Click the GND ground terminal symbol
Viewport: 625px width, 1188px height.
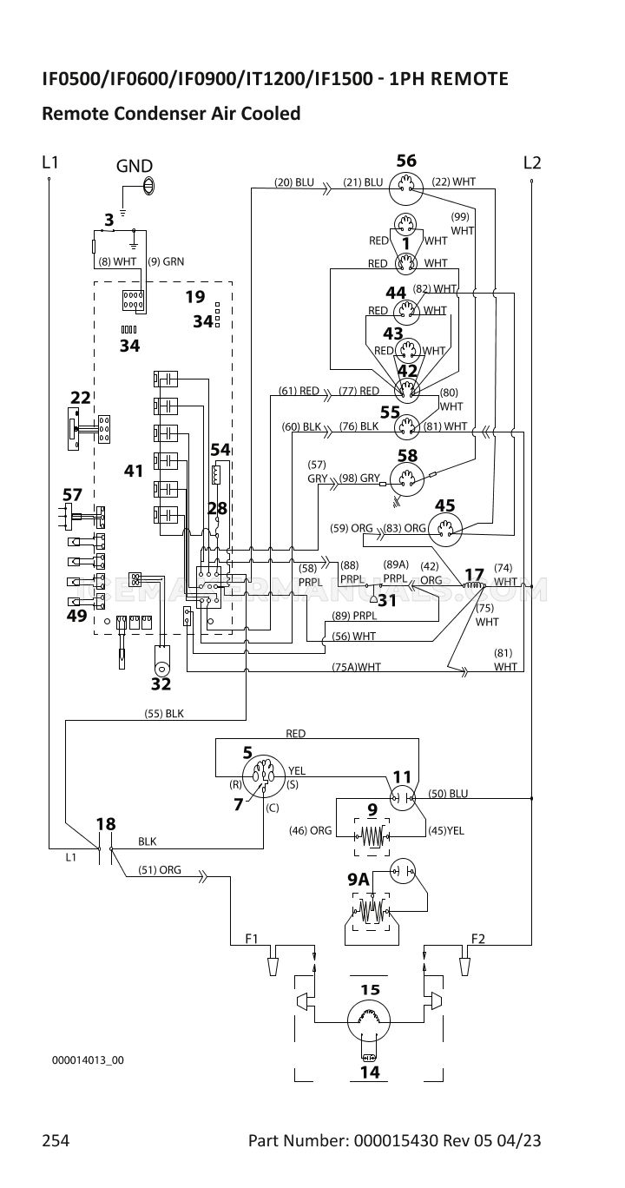point(148,184)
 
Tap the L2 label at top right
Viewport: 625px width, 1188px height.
point(532,162)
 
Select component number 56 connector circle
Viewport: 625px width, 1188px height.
point(406,184)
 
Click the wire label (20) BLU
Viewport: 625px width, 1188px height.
point(294,182)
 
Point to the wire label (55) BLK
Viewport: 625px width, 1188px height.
point(164,713)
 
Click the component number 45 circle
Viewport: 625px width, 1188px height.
point(446,527)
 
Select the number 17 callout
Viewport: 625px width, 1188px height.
point(474,574)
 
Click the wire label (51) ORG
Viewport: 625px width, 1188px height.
point(160,869)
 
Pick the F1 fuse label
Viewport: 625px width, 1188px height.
point(253,938)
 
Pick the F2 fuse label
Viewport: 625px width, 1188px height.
point(478,938)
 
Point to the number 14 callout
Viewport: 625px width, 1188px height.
point(370,1072)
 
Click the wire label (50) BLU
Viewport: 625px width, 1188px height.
point(448,794)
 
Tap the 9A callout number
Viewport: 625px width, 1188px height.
point(359,880)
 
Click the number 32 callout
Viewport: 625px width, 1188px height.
point(161,683)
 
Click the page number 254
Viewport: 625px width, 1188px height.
point(56,1140)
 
